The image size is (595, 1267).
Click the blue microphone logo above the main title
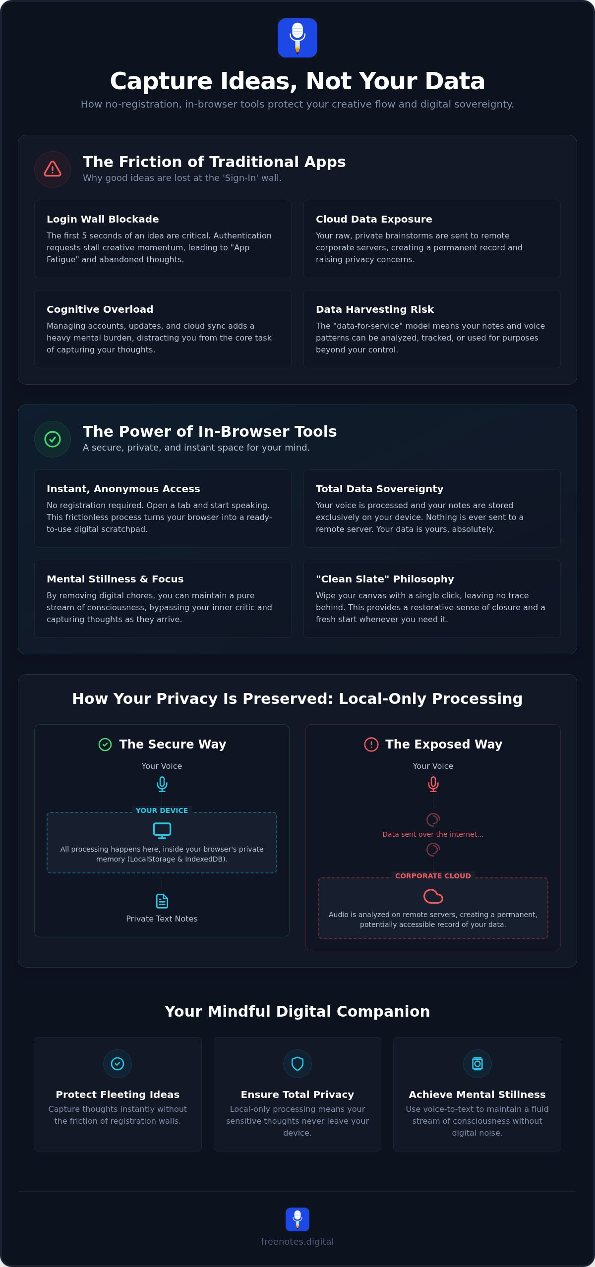pyautogui.click(x=297, y=38)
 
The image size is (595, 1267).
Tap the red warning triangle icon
pyautogui.click(x=53, y=169)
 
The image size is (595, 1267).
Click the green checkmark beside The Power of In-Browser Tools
pyautogui.click(x=53, y=439)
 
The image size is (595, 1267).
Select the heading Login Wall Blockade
pyautogui.click(x=103, y=219)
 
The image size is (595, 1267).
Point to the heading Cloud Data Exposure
pyautogui.click(x=374, y=219)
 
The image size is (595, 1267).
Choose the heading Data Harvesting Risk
pyautogui.click(x=375, y=309)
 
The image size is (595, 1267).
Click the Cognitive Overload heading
pyautogui.click(x=100, y=309)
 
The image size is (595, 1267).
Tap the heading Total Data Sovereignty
pyautogui.click(x=380, y=489)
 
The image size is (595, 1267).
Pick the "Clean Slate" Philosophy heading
pyautogui.click(x=385, y=579)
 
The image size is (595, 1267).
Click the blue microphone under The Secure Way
pyautogui.click(x=162, y=784)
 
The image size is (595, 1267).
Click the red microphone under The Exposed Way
pyautogui.click(x=433, y=784)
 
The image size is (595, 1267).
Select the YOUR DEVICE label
pyautogui.click(x=162, y=810)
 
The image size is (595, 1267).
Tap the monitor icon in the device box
pyautogui.click(x=162, y=831)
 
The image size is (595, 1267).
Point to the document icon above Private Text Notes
pyautogui.click(x=162, y=901)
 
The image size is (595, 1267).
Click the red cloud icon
pyautogui.click(x=433, y=896)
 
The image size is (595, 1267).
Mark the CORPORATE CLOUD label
pyautogui.click(x=433, y=876)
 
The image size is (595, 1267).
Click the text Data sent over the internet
pyautogui.click(x=433, y=834)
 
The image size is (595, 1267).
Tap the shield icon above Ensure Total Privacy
pyautogui.click(x=297, y=1064)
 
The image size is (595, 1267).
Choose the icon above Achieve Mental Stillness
pyautogui.click(x=477, y=1064)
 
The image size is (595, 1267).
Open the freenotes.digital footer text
pyautogui.click(x=297, y=1242)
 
